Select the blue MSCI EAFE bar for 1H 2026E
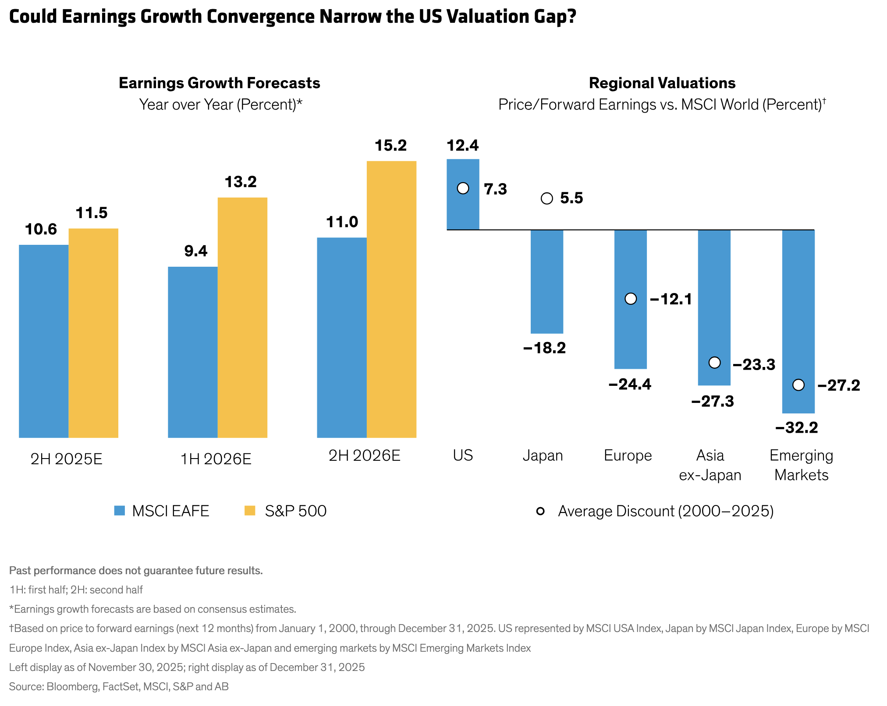pos(192,352)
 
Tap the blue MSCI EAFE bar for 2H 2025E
pos(43,341)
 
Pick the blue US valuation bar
pos(463,210)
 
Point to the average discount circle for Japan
pos(546,198)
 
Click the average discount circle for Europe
pos(630,299)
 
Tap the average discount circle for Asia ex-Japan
pos(714,363)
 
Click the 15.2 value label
pos(390,145)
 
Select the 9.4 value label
pos(195,251)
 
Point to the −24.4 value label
pos(630,385)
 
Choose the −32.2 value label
pos(796,427)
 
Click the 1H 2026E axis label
pos(216,459)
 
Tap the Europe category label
pos(628,455)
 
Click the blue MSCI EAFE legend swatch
pos(120,511)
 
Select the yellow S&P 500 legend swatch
pos(250,511)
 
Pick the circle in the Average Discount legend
pos(540,511)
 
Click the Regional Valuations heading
pos(662,83)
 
